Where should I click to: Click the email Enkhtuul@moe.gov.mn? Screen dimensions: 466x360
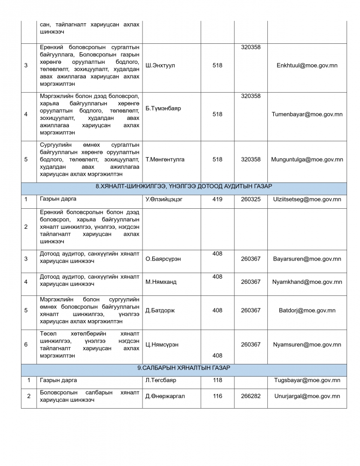click(x=307, y=66)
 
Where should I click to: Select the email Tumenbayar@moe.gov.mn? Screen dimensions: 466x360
click(x=307, y=114)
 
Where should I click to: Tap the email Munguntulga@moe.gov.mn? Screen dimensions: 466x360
click(x=307, y=159)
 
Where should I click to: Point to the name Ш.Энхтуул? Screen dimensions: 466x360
click(x=160, y=66)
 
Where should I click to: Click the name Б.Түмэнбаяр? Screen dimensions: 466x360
click(x=163, y=108)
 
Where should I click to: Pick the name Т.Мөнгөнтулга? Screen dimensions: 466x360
click(x=165, y=159)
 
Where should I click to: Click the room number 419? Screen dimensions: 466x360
click(x=217, y=199)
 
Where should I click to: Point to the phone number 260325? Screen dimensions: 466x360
click(x=251, y=199)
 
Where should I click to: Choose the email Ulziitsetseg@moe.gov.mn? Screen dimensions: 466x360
click(x=307, y=199)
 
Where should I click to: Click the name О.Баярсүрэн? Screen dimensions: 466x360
click(x=163, y=259)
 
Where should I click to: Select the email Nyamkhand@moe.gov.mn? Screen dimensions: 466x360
click(x=307, y=282)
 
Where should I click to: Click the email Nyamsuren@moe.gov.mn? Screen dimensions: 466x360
click(x=307, y=345)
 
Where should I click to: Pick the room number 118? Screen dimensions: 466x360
click(x=217, y=380)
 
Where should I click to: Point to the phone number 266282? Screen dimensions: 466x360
click(x=251, y=396)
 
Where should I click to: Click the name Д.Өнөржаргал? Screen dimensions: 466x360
click(x=165, y=396)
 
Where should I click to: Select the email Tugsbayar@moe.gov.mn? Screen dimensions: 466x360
click(x=307, y=380)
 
